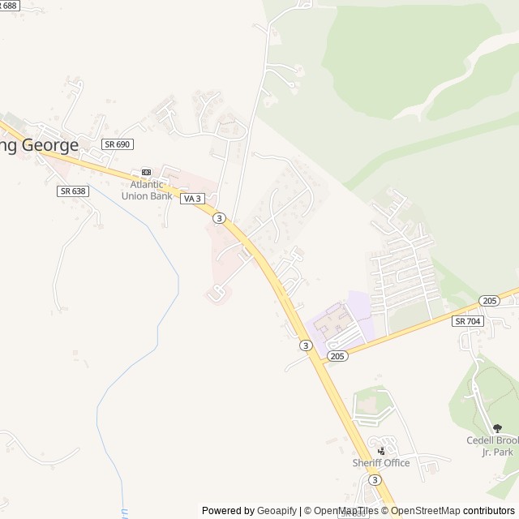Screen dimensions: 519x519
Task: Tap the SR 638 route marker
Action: pos(72,191)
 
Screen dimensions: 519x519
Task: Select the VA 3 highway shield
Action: pos(191,199)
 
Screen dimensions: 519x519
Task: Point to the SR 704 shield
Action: pos(468,321)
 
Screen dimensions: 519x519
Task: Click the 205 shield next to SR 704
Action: pos(489,300)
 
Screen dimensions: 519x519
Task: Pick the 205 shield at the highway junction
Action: pos(338,356)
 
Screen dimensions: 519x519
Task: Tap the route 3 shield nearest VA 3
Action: pos(219,217)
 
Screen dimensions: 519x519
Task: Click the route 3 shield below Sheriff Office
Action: pos(374,480)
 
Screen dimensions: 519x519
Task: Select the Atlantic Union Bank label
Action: pos(147,190)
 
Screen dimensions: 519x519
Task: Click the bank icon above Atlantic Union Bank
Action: pos(146,172)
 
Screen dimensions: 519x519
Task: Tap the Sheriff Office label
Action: pos(380,463)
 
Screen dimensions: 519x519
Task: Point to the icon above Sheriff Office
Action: pos(381,450)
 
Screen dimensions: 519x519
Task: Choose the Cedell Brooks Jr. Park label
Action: pos(492,446)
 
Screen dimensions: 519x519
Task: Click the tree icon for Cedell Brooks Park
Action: pos(497,428)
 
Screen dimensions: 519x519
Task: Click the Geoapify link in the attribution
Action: pos(277,511)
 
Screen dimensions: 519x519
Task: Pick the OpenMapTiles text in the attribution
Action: pos(346,511)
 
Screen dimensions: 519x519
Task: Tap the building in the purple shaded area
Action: pos(332,323)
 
